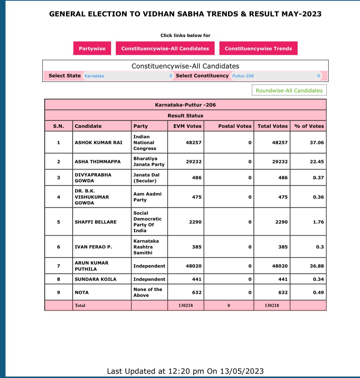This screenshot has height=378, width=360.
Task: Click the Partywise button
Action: point(92,48)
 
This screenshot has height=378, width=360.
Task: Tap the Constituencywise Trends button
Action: point(258,48)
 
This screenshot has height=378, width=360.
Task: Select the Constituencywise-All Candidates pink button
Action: point(165,48)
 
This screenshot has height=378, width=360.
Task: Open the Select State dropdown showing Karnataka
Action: point(128,76)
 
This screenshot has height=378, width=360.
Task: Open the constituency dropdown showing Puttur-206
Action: point(276,76)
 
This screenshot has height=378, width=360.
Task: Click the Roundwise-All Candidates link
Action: point(289,90)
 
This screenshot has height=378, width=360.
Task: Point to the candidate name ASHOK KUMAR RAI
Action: point(98,143)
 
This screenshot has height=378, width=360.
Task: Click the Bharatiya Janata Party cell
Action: point(149,162)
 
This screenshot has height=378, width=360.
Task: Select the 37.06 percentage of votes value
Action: point(317,143)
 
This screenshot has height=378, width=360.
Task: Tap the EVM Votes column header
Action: point(187,126)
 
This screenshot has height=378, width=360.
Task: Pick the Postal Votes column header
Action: point(234,126)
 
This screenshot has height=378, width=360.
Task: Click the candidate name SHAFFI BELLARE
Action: point(95,222)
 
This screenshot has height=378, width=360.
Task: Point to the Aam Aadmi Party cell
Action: point(147,197)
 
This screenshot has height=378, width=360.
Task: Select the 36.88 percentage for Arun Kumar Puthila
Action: point(317,266)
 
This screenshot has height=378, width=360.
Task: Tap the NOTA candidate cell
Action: point(82,292)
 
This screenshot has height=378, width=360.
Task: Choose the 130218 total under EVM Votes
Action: point(186,305)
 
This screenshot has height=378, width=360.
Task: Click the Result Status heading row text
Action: point(185,116)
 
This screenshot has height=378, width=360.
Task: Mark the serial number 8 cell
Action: point(58,279)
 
